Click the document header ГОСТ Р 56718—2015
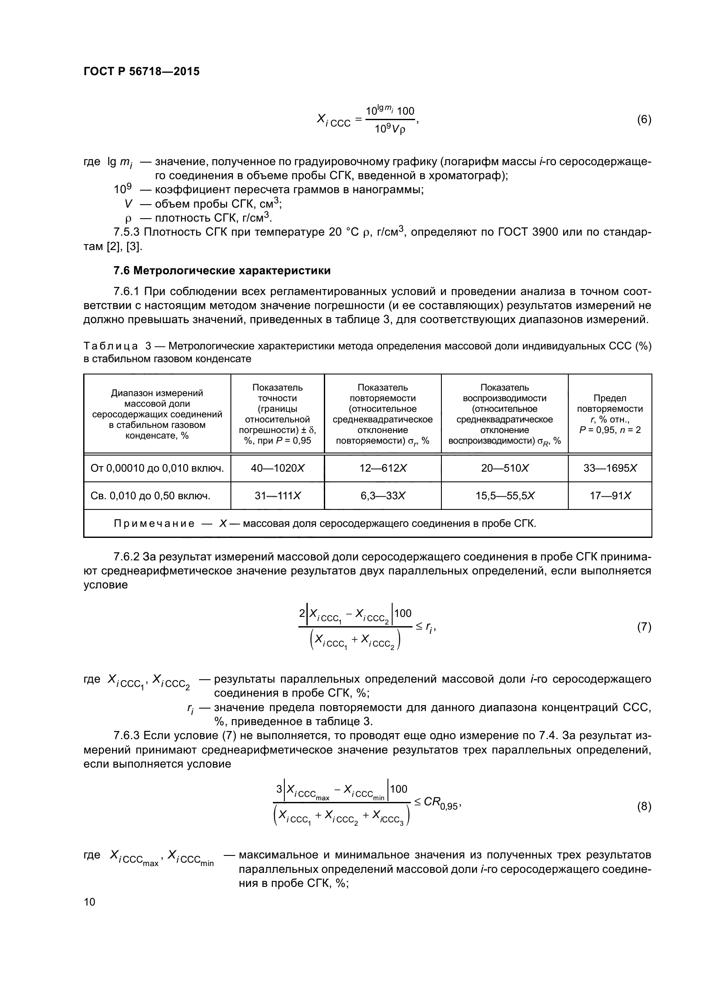(141, 71)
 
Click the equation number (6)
(644, 119)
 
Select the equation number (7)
(644, 627)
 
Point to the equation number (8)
(644, 806)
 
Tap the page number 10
(90, 902)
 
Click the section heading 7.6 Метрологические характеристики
(222, 271)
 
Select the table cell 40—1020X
(278, 468)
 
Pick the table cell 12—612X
(382, 468)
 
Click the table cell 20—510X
(505, 468)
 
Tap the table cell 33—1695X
(610, 468)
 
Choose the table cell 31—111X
(278, 495)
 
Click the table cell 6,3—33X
(382, 495)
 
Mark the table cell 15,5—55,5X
(505, 495)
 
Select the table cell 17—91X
(610, 495)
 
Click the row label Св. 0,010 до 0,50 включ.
(150, 495)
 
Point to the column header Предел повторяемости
(610, 403)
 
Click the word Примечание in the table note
(154, 524)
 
